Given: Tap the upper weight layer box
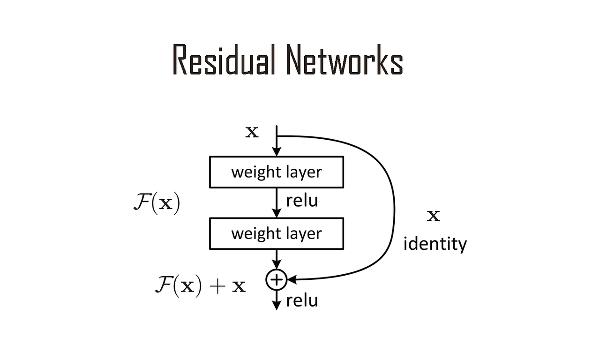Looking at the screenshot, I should tap(277, 172).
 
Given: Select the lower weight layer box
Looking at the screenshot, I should tap(277, 233).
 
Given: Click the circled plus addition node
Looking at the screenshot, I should tap(277, 279).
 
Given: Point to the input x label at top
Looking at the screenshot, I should tap(252, 132).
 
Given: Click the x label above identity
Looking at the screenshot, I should tap(434, 216).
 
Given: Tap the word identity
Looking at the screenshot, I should tap(435, 244).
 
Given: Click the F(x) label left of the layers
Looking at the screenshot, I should tap(157, 204).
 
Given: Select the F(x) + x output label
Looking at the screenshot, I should tap(200, 285).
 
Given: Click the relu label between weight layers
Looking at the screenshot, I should tap(302, 201).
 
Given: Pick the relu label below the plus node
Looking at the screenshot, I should tap(302, 300).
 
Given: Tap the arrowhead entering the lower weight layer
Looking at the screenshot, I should tap(277, 213).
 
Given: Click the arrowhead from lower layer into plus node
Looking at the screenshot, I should tap(277, 266).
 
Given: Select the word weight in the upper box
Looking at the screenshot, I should tap(255, 172).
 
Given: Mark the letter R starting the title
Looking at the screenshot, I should tap(181, 60).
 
